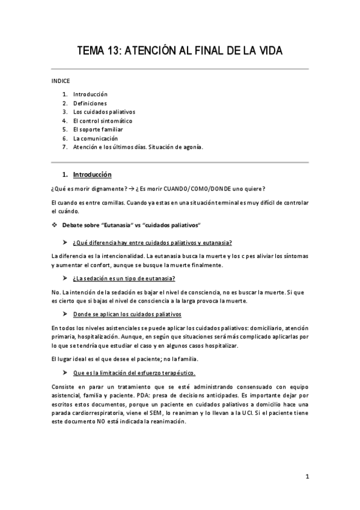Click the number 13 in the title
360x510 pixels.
[114, 52]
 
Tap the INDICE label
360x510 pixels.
[60, 81]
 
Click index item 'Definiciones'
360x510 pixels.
[90, 103]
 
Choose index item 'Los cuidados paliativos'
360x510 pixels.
[104, 112]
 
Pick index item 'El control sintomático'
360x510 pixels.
[103, 120]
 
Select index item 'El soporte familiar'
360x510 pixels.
[98, 129]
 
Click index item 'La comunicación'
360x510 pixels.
[96, 138]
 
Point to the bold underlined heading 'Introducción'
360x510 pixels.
[92, 175]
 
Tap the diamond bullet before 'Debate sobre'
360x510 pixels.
[55, 224]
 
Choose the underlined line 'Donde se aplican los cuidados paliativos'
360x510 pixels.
[127, 313]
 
